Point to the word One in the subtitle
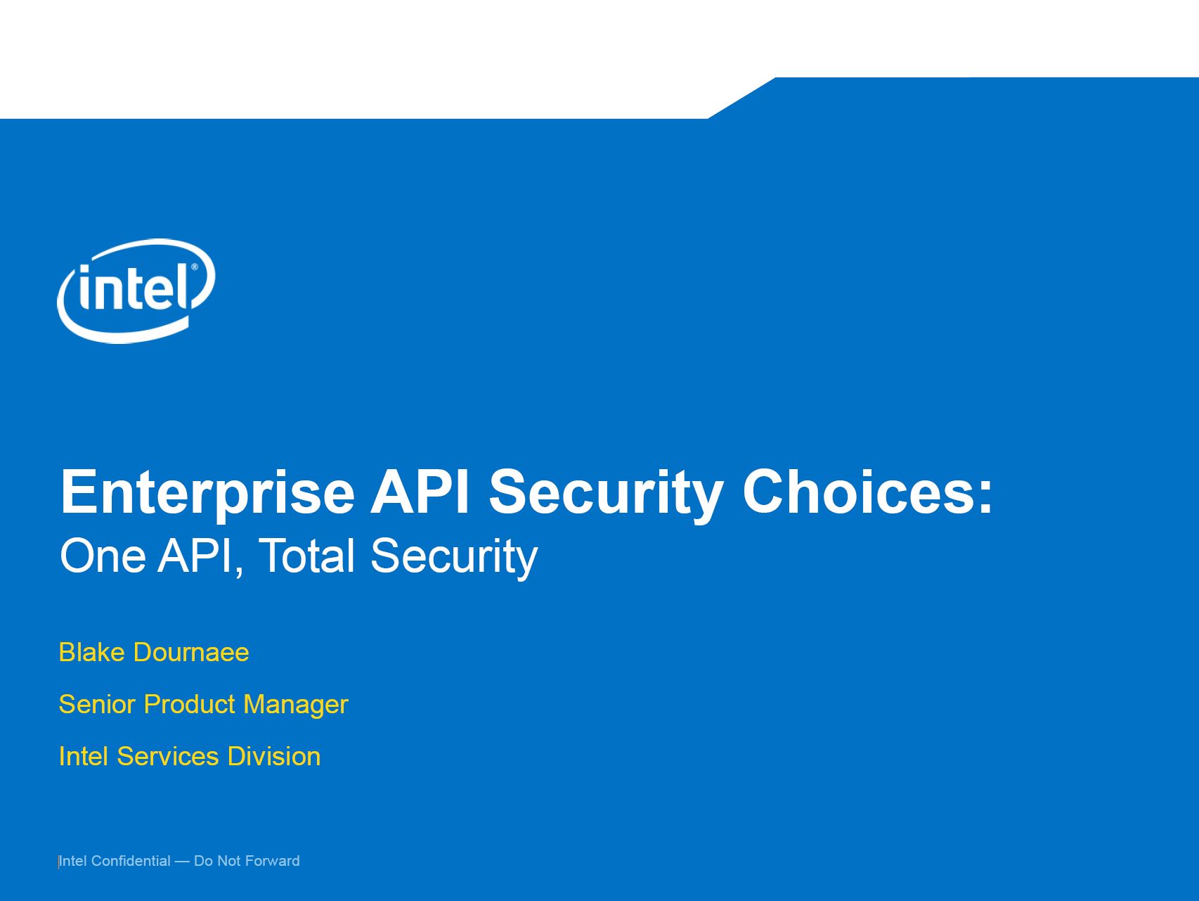pyautogui.click(x=103, y=556)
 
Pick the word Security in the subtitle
pyautogui.click(x=454, y=558)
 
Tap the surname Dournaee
pyautogui.click(x=191, y=652)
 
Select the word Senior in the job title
pyautogui.click(x=98, y=704)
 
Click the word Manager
pyautogui.click(x=296, y=705)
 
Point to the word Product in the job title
pyautogui.click(x=190, y=704)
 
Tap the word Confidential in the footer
pyautogui.click(x=131, y=861)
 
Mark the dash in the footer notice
pyautogui.click(x=182, y=862)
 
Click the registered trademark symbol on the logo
pyautogui.click(x=195, y=268)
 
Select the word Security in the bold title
pyautogui.click(x=606, y=494)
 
